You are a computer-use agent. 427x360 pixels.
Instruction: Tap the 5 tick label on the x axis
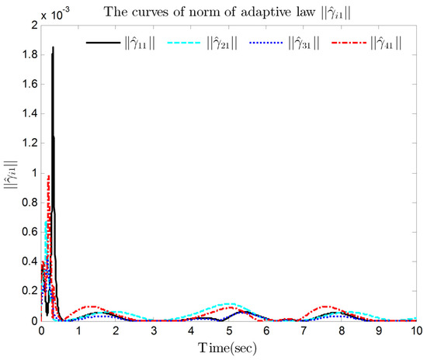pyautogui.click(x=229, y=330)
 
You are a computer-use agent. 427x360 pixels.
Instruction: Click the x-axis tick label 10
pyautogui.click(x=416, y=330)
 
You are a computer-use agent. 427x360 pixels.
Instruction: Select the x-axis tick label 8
pyautogui.click(x=342, y=330)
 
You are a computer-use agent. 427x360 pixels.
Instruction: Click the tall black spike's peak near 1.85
pyautogui.click(x=53, y=48)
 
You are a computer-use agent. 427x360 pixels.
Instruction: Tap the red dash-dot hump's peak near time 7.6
pyautogui.click(x=325, y=306)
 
